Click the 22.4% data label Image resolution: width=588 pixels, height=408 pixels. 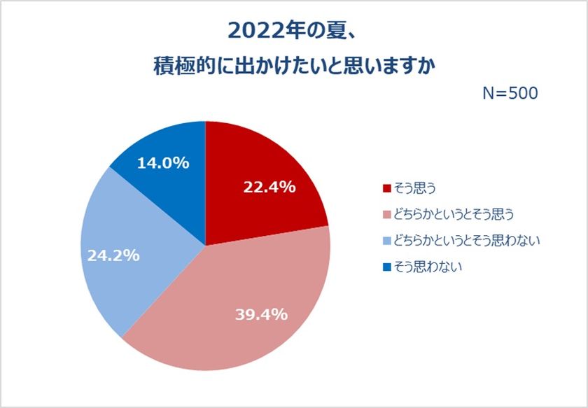[x=269, y=187]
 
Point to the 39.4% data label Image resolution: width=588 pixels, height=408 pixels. [x=260, y=314]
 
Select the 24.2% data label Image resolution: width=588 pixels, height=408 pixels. [x=113, y=255]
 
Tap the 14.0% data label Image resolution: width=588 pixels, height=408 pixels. [x=163, y=163]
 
